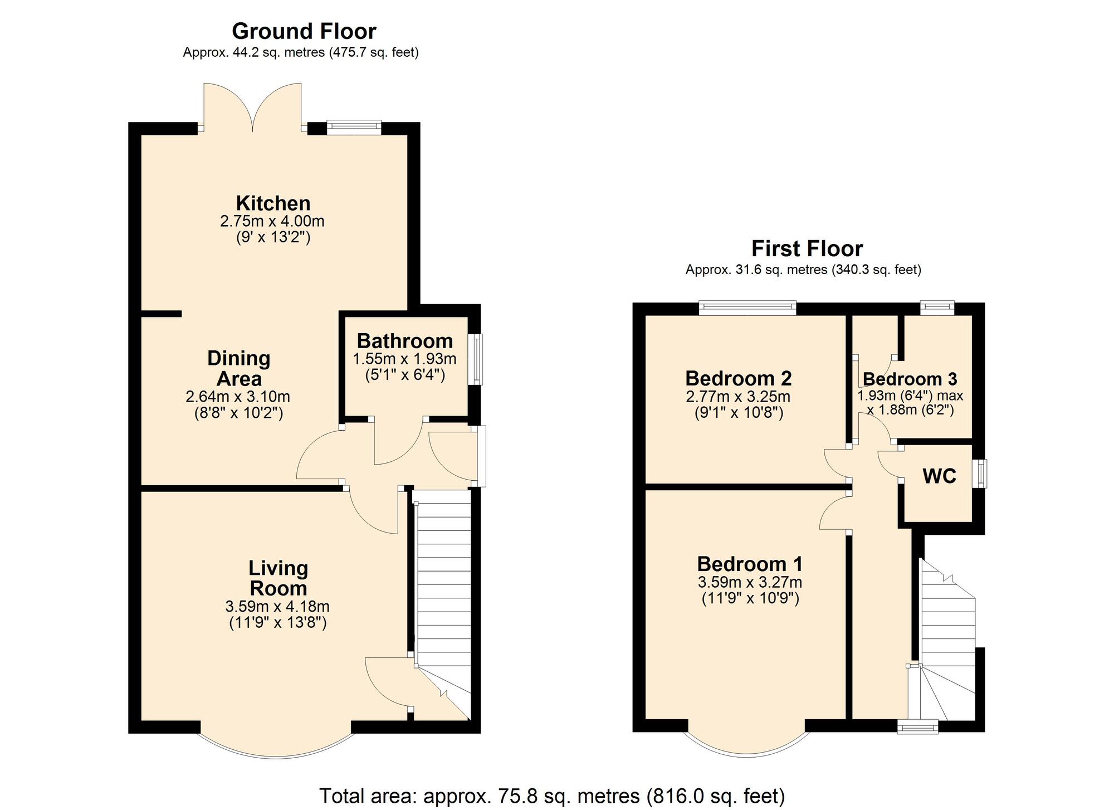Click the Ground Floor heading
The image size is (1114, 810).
[x=304, y=31]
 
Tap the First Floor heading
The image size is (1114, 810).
[x=807, y=248]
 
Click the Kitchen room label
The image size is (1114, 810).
[x=273, y=203]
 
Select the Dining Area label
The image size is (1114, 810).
[x=238, y=368]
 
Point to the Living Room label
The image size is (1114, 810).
[x=278, y=578]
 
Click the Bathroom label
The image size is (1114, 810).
[x=405, y=340]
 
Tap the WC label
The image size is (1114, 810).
[x=939, y=476]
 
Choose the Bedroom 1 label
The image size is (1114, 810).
[x=750, y=564]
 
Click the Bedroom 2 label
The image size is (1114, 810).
[x=739, y=379]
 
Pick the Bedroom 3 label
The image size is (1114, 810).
[x=910, y=379]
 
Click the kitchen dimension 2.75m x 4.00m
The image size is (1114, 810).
[x=272, y=221]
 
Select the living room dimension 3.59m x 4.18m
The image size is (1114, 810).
[x=277, y=606]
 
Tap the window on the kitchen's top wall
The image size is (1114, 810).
[x=354, y=128]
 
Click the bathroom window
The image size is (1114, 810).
[x=475, y=359]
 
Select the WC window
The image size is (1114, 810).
[x=979, y=474]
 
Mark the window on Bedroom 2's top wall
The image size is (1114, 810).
[x=747, y=308]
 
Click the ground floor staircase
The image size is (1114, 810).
[x=443, y=605]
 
